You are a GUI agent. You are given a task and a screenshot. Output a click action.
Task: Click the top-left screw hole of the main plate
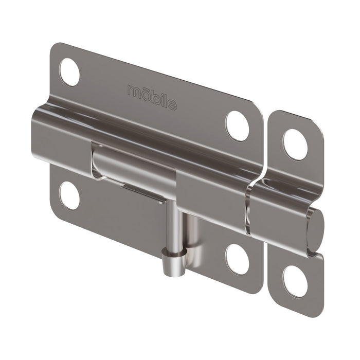click(x=69, y=72)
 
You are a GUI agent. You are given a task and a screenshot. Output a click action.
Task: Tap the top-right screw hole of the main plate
click(x=237, y=125)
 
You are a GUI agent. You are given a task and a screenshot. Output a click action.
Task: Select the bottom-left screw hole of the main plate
click(x=69, y=195)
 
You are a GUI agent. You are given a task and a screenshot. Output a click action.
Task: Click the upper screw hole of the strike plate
click(x=295, y=144)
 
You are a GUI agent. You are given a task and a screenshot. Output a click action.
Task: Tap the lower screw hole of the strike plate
click(x=295, y=281)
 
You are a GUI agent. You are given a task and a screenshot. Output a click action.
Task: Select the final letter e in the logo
click(x=172, y=105)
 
